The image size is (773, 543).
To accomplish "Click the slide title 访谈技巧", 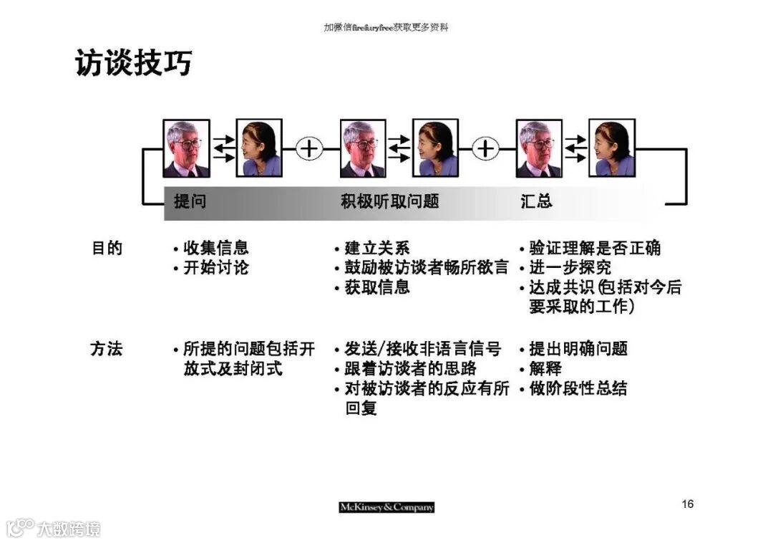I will [x=134, y=63].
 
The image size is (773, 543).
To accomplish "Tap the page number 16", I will [x=687, y=504].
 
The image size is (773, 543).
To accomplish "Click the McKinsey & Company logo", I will [x=386, y=507].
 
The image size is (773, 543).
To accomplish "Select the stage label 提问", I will [x=190, y=201].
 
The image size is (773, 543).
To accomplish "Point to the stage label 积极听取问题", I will [x=389, y=201].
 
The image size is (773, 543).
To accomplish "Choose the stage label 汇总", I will [x=536, y=201].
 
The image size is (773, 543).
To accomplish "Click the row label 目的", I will [x=107, y=249].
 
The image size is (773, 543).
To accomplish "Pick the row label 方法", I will [x=107, y=350].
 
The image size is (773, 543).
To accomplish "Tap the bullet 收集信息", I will [x=215, y=249].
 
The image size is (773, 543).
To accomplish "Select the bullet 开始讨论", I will [x=215, y=268].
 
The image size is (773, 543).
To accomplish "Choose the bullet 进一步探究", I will [x=570, y=268].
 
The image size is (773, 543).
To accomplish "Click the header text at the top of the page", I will [x=386, y=27].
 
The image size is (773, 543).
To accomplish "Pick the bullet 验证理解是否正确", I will [x=594, y=249].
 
